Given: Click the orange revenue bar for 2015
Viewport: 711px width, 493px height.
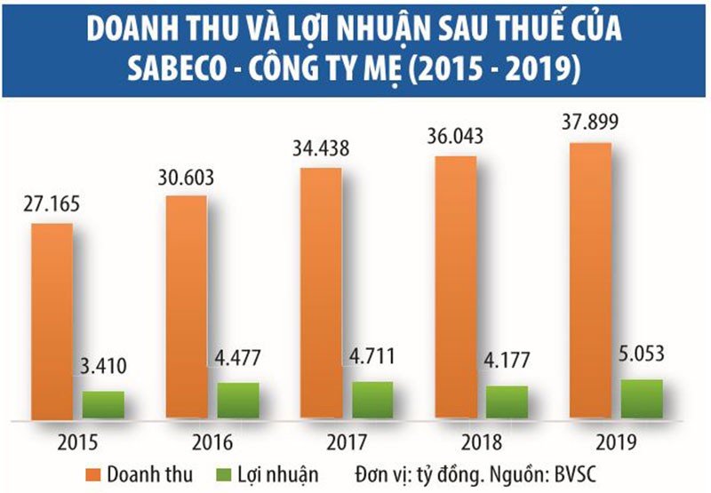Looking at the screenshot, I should point(52,320).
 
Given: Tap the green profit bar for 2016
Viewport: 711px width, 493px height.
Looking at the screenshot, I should point(238,400).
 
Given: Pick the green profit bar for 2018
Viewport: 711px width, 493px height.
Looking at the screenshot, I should point(507,402).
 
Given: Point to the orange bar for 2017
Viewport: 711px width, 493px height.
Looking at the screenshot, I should point(320,293).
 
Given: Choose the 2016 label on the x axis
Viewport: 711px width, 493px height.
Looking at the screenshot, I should point(212,441).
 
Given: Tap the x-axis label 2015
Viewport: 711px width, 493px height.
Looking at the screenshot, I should point(77,441).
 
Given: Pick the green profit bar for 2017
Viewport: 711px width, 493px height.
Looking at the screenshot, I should point(372,400).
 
